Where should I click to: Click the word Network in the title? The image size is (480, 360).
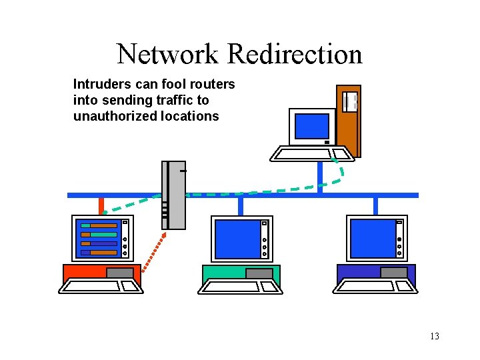click(x=167, y=54)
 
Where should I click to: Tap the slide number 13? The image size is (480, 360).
click(x=435, y=336)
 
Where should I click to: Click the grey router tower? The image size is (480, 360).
click(x=174, y=195)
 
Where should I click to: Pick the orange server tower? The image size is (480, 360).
click(x=349, y=121)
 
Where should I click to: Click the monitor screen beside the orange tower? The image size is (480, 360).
click(x=312, y=126)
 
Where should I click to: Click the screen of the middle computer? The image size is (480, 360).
click(x=237, y=239)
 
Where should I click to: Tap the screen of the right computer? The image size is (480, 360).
click(x=373, y=239)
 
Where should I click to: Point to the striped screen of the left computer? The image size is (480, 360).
click(x=99, y=239)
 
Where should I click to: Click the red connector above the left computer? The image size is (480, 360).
click(x=101, y=205)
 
